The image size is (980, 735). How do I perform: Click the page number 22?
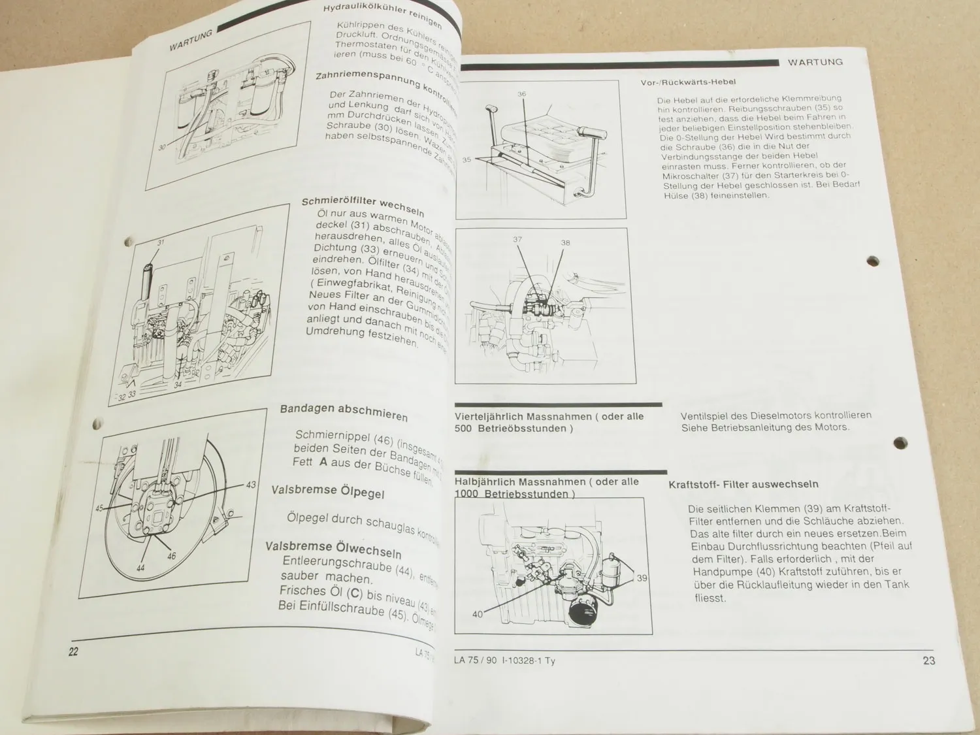point(73,651)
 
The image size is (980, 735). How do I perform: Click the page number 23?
point(928,661)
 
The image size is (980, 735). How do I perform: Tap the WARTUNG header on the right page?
point(815,62)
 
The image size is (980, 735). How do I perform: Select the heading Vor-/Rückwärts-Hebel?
point(688,82)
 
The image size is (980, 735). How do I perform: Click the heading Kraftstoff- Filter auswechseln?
point(743,485)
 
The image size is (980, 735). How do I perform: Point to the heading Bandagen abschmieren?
point(344,412)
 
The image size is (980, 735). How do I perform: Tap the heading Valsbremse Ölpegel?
point(328,491)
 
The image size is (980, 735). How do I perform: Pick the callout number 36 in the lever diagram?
point(521,94)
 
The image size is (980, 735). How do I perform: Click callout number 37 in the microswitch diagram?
point(517,240)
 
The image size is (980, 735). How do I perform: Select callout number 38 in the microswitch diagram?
point(565,242)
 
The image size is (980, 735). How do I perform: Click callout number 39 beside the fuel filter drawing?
point(642,578)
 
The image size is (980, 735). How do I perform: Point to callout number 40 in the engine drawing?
point(478,614)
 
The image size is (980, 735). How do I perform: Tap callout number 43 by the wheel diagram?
point(251,485)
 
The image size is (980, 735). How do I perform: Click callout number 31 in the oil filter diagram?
point(161,242)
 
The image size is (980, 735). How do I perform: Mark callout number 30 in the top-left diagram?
point(162,148)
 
